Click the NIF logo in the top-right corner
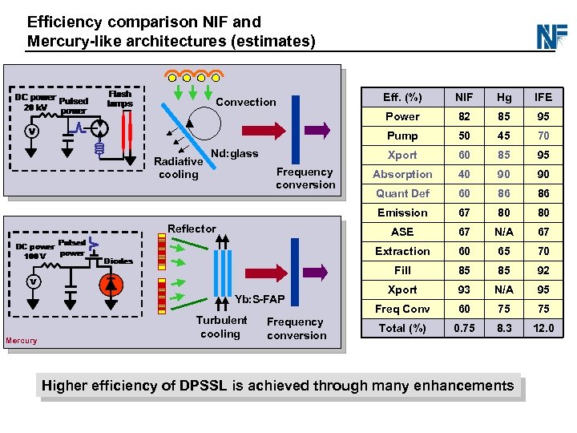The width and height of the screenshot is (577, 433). [x=551, y=36]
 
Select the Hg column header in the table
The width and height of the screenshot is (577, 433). [x=503, y=97]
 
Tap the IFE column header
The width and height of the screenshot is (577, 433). [x=543, y=97]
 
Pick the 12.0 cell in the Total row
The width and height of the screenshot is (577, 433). [x=543, y=328]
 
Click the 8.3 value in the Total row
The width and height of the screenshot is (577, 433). [x=503, y=328]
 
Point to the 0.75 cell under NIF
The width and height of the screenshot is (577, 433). [x=464, y=328]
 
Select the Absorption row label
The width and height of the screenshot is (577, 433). [x=402, y=174]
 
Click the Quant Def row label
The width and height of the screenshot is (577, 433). [x=402, y=193]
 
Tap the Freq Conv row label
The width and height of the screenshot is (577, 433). [x=402, y=309]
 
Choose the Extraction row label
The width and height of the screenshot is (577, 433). [x=402, y=251]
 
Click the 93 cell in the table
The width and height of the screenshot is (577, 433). [x=464, y=289]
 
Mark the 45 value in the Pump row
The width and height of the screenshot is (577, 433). [x=503, y=136]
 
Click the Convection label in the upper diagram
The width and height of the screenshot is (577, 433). [x=245, y=102]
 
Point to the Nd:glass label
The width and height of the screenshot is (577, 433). [x=234, y=154]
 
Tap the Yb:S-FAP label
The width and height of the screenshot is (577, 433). [x=259, y=300]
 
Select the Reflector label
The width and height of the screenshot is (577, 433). [x=192, y=229]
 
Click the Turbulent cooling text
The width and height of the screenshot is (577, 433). [x=221, y=327]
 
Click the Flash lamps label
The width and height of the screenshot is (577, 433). [x=120, y=99]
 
